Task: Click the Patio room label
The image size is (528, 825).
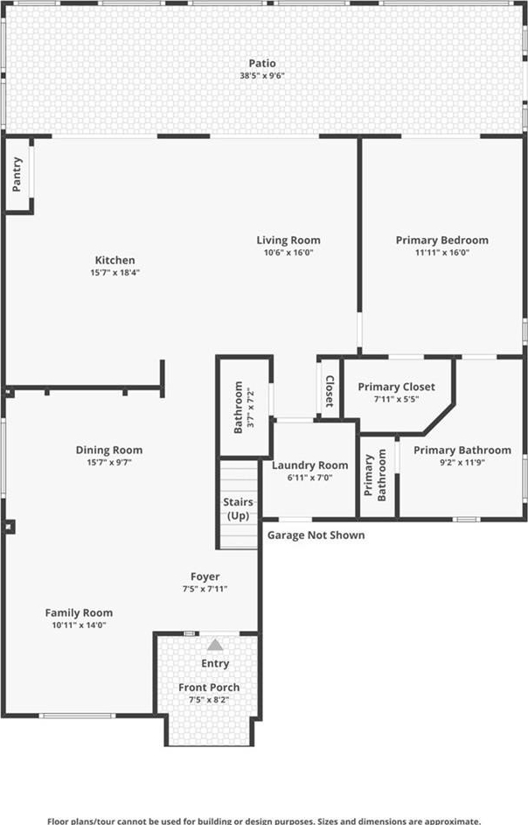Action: point(262,64)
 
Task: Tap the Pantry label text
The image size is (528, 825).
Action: point(17,174)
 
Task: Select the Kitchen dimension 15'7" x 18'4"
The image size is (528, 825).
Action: point(115,273)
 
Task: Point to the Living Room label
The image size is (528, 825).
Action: point(288,241)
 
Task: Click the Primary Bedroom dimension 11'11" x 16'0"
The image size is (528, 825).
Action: point(441,253)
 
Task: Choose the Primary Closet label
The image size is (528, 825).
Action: point(397,388)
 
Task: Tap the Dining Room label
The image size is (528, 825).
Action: point(109,451)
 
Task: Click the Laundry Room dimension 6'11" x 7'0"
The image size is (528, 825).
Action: point(309,478)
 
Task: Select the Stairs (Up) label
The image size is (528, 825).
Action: point(239,509)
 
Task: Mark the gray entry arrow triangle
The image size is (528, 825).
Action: point(214,645)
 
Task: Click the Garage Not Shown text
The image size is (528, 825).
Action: point(316,535)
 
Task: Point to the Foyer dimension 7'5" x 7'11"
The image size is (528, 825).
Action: point(205,590)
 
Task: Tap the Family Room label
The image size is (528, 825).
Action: point(79,613)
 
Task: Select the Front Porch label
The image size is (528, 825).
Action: point(209,688)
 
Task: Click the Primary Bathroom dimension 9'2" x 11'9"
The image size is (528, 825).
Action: point(462,463)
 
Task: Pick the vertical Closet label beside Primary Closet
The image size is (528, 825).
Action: point(330,391)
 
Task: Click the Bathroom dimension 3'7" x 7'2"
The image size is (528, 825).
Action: point(250,407)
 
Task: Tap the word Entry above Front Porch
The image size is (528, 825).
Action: point(215,663)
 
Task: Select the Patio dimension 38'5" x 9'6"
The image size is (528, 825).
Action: point(262,76)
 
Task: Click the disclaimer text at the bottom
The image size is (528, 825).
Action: point(264,821)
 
